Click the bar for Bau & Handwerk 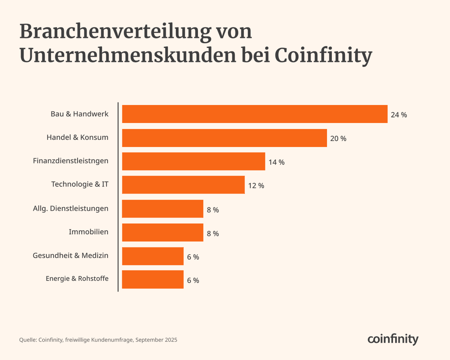point(255,114)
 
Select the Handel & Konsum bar point(224,138)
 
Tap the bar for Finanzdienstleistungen point(193,161)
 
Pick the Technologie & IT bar point(183,185)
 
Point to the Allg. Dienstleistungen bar point(163,209)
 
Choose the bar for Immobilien point(163,232)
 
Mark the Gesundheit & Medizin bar point(153,256)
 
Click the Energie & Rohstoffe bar point(153,279)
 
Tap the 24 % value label point(399,115)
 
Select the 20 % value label point(338,139)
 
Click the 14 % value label point(276,162)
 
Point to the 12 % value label point(256,186)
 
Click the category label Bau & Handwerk point(79,114)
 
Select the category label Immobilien point(88,232)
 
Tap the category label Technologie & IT point(80,184)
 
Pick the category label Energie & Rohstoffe point(77,279)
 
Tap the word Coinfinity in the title point(323,55)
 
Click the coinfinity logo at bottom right point(393,339)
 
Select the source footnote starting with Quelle point(98,340)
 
